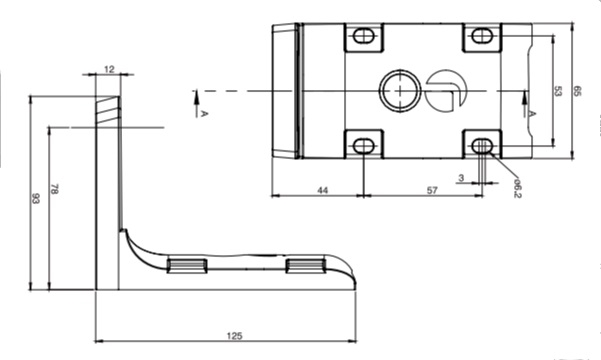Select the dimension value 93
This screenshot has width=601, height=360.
point(36,200)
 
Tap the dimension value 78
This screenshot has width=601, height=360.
point(54,190)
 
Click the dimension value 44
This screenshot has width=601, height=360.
point(322,188)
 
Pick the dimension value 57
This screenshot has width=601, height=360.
point(431,188)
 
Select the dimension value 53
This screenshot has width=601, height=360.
point(557,91)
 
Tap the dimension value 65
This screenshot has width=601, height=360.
point(577,91)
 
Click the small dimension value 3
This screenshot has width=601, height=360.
point(461,178)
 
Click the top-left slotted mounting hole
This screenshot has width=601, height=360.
point(363,37)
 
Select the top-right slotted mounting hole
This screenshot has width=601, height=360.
point(482,37)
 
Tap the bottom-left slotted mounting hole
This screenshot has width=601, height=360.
point(363,146)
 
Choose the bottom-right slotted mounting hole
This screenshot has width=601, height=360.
point(482,146)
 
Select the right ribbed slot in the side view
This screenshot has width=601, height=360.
point(307,265)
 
